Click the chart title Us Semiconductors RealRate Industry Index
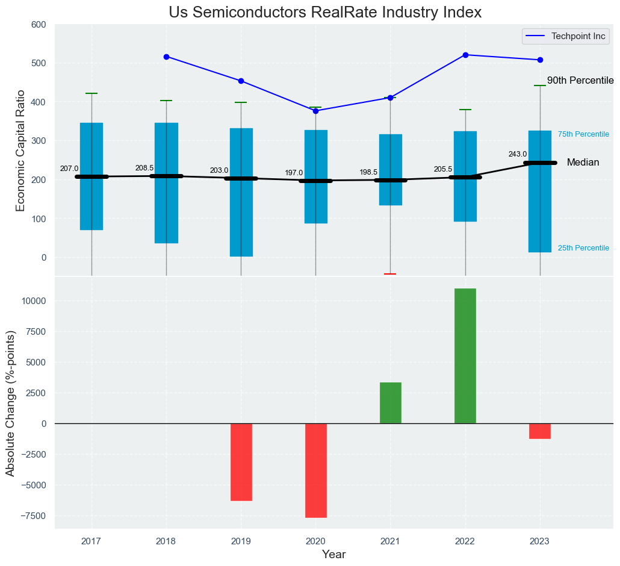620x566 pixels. pyautogui.click(x=325, y=13)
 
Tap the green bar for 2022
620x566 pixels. pyautogui.click(x=465, y=356)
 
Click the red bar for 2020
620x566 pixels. pyautogui.click(x=316, y=470)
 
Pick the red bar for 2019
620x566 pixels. pyautogui.click(x=241, y=462)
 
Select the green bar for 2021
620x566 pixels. pyautogui.click(x=391, y=403)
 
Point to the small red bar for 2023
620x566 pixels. pyautogui.click(x=540, y=431)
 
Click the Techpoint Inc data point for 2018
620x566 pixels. pyautogui.click(x=167, y=57)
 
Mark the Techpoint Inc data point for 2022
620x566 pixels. pyautogui.click(x=465, y=55)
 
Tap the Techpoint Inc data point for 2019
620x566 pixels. pyautogui.click(x=241, y=81)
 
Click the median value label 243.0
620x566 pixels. pyautogui.click(x=518, y=154)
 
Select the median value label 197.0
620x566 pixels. pyautogui.click(x=294, y=173)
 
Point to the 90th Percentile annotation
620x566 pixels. pyautogui.click(x=580, y=81)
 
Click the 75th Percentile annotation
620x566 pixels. pyautogui.click(x=583, y=134)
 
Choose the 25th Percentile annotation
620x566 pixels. pyautogui.click(x=583, y=248)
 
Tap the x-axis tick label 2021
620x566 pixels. pyautogui.click(x=391, y=541)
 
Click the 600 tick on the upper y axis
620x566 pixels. pyautogui.click(x=38, y=25)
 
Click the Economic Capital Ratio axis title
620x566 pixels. pyautogui.click(x=20, y=151)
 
